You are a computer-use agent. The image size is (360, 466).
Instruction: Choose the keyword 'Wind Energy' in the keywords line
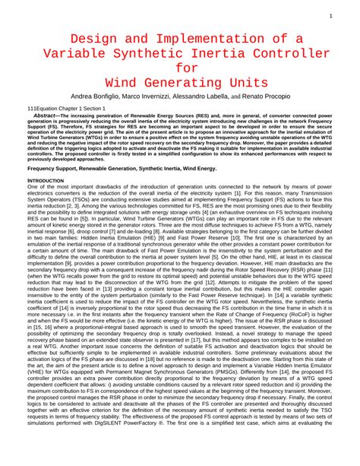click(198, 168)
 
